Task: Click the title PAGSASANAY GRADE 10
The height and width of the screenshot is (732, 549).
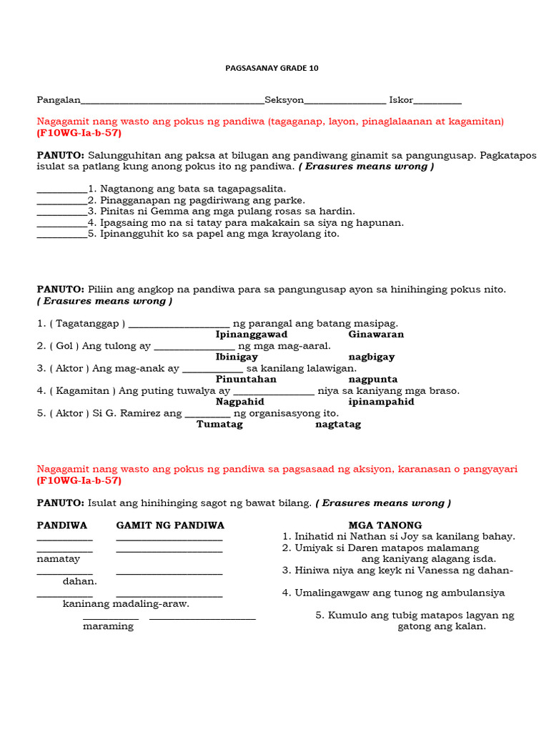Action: (x=271, y=69)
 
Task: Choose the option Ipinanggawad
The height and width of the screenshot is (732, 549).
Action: (x=252, y=335)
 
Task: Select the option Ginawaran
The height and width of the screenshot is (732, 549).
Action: (x=376, y=335)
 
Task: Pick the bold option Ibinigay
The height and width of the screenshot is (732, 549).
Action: (x=237, y=357)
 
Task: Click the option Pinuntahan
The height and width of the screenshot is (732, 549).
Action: (x=246, y=380)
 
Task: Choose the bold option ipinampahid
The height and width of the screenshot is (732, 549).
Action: (x=376, y=402)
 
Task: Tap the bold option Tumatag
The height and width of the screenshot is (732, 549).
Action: (x=219, y=425)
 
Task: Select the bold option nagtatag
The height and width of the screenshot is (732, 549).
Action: (x=338, y=425)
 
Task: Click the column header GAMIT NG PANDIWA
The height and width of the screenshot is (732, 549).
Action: (x=170, y=525)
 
